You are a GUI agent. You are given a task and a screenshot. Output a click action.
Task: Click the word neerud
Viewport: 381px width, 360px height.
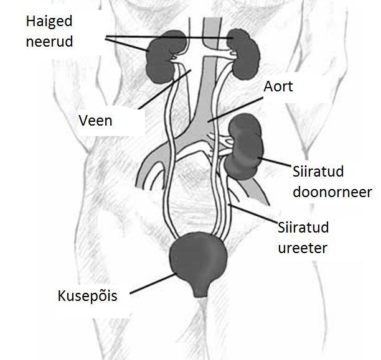point(49,42)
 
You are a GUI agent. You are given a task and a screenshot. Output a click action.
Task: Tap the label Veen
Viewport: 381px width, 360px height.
point(95,121)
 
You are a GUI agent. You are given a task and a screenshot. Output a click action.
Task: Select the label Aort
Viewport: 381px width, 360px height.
point(278,86)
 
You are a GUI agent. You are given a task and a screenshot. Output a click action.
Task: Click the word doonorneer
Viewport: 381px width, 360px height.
point(332,192)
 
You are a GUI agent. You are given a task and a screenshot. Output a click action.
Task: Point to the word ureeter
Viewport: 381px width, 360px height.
point(303,248)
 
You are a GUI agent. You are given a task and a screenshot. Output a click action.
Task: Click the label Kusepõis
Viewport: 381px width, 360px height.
point(88,296)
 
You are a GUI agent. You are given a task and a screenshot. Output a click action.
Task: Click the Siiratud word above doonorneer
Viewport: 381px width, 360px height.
point(318,172)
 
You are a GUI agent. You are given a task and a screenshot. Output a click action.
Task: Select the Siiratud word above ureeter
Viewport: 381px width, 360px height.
point(303,227)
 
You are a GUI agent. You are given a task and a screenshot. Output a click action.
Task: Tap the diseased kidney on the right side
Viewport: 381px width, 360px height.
point(243,54)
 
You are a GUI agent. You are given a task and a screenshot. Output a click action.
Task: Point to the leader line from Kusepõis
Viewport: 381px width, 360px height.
point(153,284)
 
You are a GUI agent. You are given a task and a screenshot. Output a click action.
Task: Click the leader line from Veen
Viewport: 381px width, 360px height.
point(165,90)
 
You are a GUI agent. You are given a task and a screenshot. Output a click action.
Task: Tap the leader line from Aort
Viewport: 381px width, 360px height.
point(235,109)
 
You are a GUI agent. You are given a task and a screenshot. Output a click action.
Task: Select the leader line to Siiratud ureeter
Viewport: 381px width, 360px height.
point(253,213)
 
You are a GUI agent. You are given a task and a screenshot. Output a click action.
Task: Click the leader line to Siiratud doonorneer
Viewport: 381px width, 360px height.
point(275,162)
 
